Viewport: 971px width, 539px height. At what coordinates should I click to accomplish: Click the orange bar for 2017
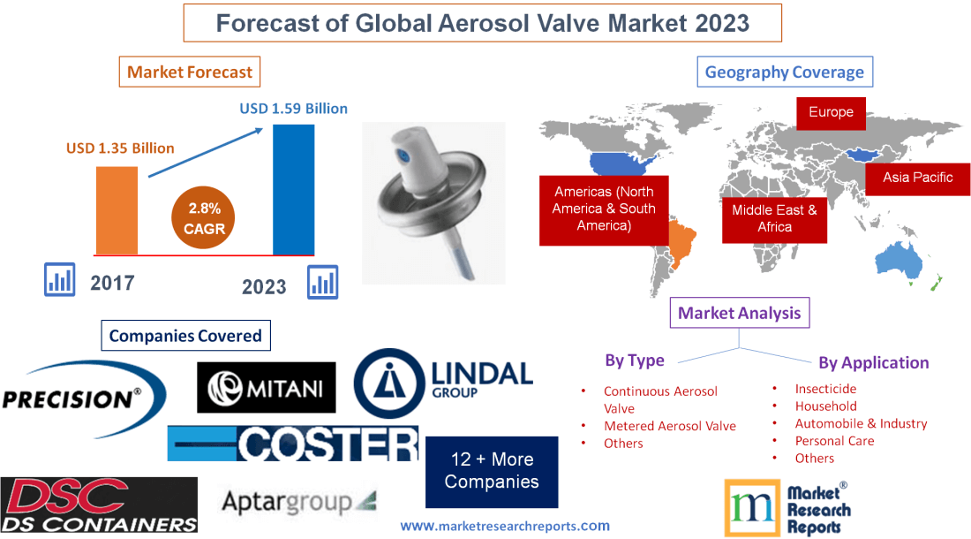pos(117,210)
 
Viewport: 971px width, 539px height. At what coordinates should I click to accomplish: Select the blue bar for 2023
pos(294,189)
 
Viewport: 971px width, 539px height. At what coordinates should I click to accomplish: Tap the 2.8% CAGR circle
pos(205,218)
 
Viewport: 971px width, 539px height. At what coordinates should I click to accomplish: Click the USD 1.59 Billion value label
pos(293,109)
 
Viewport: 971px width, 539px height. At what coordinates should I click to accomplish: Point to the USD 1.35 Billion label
pos(120,148)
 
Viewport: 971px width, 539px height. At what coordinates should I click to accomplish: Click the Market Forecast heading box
pos(190,72)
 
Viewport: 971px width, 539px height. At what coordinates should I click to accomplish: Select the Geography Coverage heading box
pos(785,72)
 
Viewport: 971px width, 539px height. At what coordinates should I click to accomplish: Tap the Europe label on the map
pos(831,112)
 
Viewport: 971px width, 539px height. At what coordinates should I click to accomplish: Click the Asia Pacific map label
pos(918,178)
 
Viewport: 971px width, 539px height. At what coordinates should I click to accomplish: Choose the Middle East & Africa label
pos(774,218)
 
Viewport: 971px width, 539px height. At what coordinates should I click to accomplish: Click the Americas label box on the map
pos(604,209)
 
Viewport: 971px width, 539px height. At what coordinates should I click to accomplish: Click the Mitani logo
pos(266,387)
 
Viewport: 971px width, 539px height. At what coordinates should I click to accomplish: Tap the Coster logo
pos(293,443)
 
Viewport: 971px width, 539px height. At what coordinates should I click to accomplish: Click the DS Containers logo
pos(99,505)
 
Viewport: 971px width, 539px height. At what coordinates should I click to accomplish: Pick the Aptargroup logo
pos(298,503)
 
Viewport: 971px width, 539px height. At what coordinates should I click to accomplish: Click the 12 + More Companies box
pos(492,471)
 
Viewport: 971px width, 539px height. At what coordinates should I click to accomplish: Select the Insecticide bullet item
pos(825,389)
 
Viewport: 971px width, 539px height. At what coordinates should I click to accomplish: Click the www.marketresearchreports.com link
pos(505,526)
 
